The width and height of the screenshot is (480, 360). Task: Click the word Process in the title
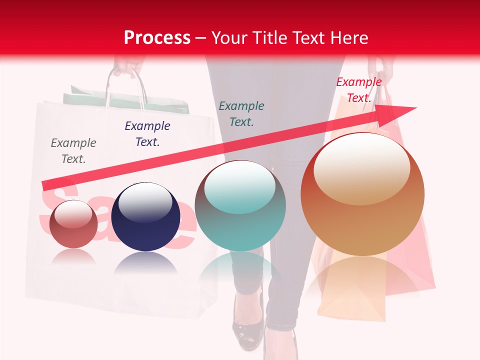157,37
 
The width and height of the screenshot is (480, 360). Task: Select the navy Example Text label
147,133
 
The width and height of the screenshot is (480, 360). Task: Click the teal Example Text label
241,113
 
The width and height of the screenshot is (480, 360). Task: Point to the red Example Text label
359,89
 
